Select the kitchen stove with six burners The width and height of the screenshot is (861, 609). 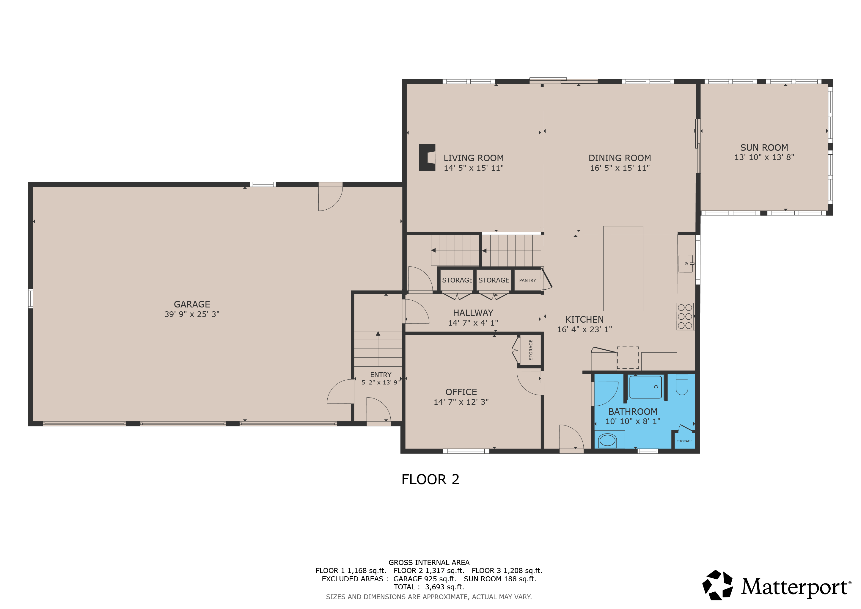click(685, 316)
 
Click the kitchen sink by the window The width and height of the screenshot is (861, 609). click(686, 264)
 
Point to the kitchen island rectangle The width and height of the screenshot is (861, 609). click(623, 269)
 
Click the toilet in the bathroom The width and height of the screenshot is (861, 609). click(682, 384)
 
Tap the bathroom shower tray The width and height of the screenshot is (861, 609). click(645, 387)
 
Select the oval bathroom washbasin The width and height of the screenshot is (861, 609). click(607, 440)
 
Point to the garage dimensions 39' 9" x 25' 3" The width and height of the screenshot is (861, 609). click(192, 314)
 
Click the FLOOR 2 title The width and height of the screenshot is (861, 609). click(430, 479)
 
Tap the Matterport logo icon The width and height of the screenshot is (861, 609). click(717, 585)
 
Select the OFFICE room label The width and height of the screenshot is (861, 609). click(461, 392)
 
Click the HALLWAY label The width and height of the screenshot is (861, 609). click(473, 313)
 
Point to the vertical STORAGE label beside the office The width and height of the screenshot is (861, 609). click(531, 350)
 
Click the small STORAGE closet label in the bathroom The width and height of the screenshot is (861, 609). click(685, 441)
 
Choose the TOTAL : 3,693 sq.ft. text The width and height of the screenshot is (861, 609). click(429, 587)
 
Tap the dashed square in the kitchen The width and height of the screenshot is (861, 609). click(628, 358)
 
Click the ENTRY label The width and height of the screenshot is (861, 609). click(381, 375)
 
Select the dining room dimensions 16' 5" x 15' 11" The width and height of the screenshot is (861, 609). click(620, 168)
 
